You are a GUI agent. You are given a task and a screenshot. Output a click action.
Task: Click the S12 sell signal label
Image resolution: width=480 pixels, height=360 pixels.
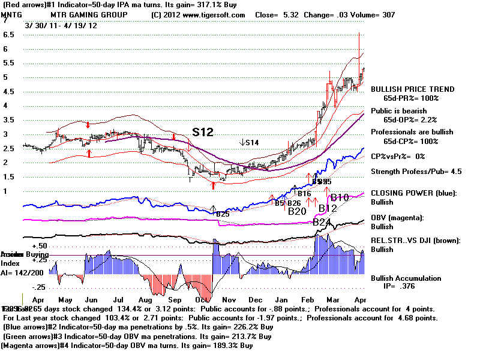pos(203,131)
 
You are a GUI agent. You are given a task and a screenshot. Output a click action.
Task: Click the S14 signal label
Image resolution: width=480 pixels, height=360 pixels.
pos(250,143)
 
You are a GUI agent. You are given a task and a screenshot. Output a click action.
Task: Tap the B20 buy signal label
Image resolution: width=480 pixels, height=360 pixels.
pos(298,211)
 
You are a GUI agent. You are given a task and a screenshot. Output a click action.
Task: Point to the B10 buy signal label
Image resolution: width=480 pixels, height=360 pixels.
pos(339,198)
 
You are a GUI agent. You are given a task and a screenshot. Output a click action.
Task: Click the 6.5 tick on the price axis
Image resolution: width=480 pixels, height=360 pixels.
pos(9,34)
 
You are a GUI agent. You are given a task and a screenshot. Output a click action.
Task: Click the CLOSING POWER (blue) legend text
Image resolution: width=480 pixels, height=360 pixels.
pos(414,193)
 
